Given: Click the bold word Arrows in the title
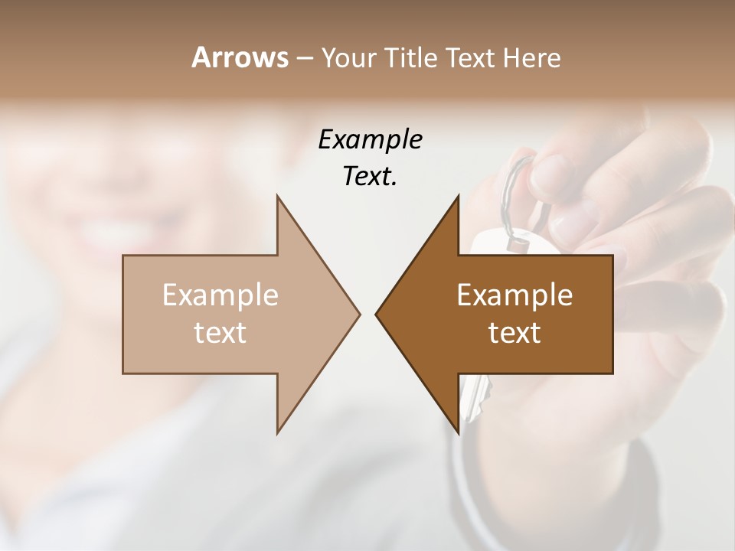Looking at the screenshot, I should [240, 57].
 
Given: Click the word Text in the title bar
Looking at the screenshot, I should [471, 58].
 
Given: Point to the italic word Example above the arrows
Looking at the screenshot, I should [370, 139].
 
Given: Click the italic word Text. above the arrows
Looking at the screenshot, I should [370, 177].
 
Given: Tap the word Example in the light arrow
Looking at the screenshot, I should [220, 295].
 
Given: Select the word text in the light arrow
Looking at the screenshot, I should [220, 333].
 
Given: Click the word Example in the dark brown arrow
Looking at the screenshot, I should [514, 295].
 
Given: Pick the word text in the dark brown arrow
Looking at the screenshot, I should [514, 333].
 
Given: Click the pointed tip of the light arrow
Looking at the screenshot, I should [359, 314].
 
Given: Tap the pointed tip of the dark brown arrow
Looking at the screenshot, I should [377, 314].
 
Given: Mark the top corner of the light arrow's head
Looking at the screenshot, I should [278, 196].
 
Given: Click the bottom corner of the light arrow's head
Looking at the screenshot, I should [278, 433].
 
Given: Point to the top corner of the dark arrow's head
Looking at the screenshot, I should [458, 196].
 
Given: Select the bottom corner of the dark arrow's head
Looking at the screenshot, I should [458, 433].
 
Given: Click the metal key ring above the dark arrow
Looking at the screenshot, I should [511, 191].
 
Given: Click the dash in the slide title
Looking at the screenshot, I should [304, 59].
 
